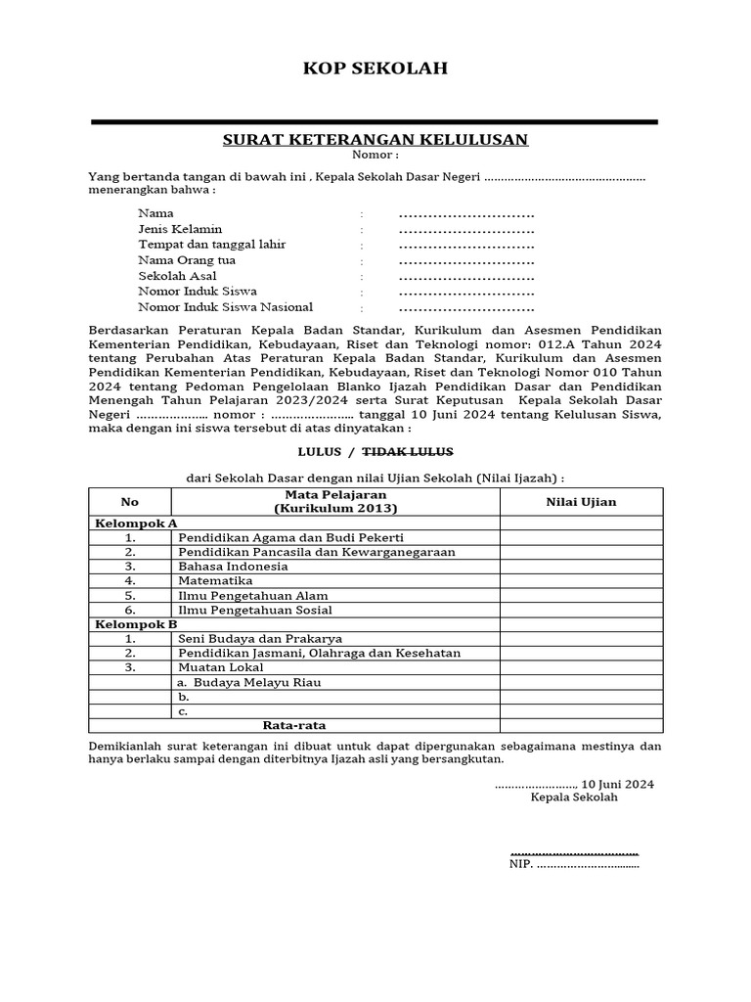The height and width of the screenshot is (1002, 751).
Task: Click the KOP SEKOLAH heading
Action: coord(375,68)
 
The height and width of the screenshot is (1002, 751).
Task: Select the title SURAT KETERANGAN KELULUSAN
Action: coord(375,140)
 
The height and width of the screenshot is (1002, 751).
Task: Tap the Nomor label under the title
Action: coord(375,156)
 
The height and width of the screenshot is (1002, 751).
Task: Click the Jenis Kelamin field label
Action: coord(180,229)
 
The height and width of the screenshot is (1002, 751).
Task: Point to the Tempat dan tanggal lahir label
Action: coord(212,245)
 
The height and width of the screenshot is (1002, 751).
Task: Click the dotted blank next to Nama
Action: coord(466,214)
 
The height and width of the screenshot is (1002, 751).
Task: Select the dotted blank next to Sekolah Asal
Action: coord(466,277)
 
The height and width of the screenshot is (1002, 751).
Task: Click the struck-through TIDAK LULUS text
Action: coord(408,451)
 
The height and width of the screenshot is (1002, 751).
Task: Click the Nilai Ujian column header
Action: coord(581,502)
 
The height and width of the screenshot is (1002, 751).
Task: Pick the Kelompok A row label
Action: coord(136,524)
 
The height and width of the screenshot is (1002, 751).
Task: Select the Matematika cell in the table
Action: coord(215,581)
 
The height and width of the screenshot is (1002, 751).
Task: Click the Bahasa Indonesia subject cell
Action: coord(233,567)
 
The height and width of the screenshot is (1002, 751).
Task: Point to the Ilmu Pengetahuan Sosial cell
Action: coord(254,611)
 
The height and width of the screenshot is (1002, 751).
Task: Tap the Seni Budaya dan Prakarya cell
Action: coord(253,639)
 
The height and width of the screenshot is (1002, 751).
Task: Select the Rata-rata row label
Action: coord(294,726)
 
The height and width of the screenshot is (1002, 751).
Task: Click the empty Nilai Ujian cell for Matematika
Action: coord(581,581)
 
